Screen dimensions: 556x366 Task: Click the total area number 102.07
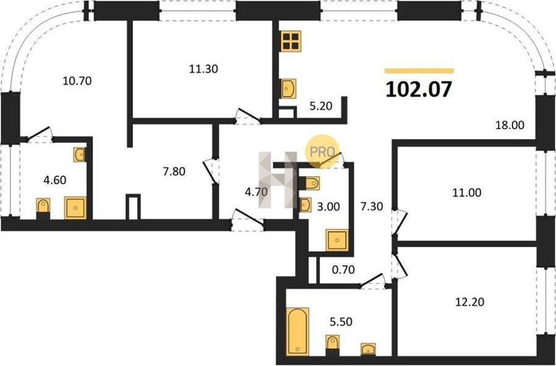point(419,89)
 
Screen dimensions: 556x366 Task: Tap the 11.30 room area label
point(203,69)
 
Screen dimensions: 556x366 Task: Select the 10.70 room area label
point(77,81)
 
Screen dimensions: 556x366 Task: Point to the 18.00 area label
point(510,125)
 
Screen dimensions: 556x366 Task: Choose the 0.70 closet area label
point(343,270)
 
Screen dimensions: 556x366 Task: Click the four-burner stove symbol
point(290,41)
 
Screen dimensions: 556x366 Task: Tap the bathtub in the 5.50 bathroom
point(297,331)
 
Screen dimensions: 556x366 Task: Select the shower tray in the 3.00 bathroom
point(337,240)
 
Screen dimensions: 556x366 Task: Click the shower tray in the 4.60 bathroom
point(75,208)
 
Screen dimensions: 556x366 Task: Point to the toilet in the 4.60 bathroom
point(43,208)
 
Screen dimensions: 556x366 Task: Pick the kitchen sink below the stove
point(289,89)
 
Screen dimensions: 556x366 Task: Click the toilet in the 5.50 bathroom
point(332,345)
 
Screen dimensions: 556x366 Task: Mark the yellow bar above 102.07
point(419,70)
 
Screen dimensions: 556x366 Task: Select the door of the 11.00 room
point(400,222)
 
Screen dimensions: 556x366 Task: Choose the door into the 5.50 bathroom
point(373,279)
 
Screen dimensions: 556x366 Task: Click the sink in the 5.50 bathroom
point(368,349)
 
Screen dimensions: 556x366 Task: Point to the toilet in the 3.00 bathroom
point(310,183)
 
